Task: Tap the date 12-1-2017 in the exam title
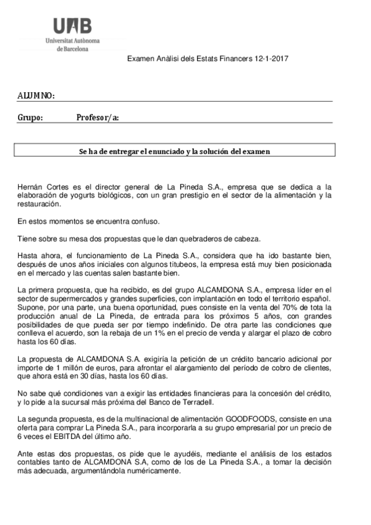(x=271, y=58)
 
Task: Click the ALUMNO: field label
(x=36, y=96)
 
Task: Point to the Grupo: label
(x=30, y=118)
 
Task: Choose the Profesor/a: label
(x=97, y=118)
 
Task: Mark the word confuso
(x=144, y=221)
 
